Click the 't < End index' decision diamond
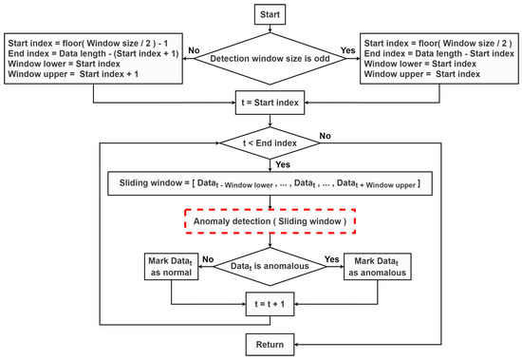[x=271, y=144]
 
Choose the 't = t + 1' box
[x=271, y=308]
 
